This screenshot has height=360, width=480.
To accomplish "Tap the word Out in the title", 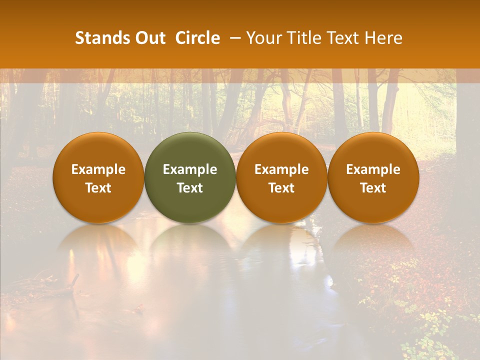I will (x=149, y=38).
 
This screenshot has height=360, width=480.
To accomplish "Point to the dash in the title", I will (x=234, y=38).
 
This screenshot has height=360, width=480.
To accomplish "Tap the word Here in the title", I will (x=384, y=38).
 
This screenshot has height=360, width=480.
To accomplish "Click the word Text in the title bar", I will (x=343, y=38).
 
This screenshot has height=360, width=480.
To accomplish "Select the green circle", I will (x=190, y=177).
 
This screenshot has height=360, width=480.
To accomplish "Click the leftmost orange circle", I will (x=98, y=177).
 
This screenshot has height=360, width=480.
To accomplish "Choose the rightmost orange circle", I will (x=373, y=177).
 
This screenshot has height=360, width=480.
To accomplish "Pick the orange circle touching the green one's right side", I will (x=281, y=177).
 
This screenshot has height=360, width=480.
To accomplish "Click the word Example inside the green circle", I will (x=190, y=169).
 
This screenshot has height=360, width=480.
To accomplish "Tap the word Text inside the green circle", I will (x=190, y=188).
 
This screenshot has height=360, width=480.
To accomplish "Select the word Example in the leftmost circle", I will (x=98, y=169).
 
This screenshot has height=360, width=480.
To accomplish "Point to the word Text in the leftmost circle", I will (x=98, y=188).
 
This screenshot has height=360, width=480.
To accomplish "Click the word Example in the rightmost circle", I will (x=373, y=169).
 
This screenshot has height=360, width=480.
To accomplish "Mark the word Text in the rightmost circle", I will (x=373, y=188).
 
